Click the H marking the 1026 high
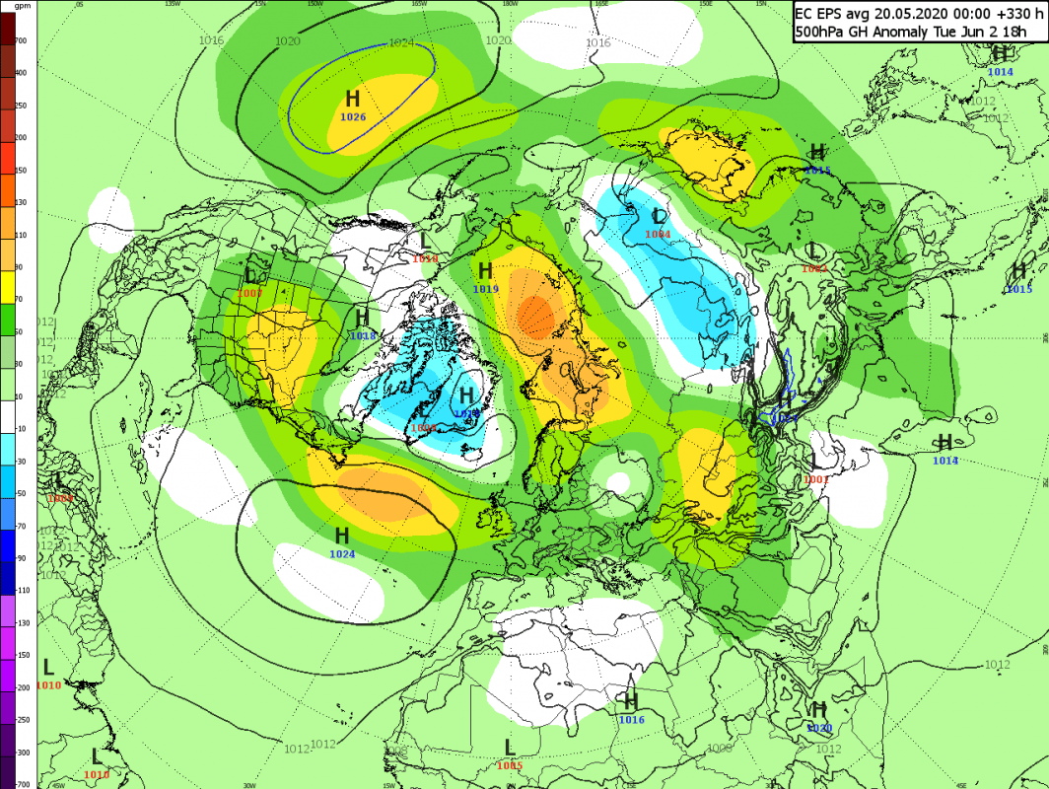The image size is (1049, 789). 353,99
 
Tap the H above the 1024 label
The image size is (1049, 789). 342,536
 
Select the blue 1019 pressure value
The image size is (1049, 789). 485,289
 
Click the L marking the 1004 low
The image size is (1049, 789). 660,216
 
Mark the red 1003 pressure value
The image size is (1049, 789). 249,293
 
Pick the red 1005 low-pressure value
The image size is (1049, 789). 510,765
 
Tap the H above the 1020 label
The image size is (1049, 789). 818,709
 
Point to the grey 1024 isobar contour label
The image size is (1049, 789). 401,42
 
